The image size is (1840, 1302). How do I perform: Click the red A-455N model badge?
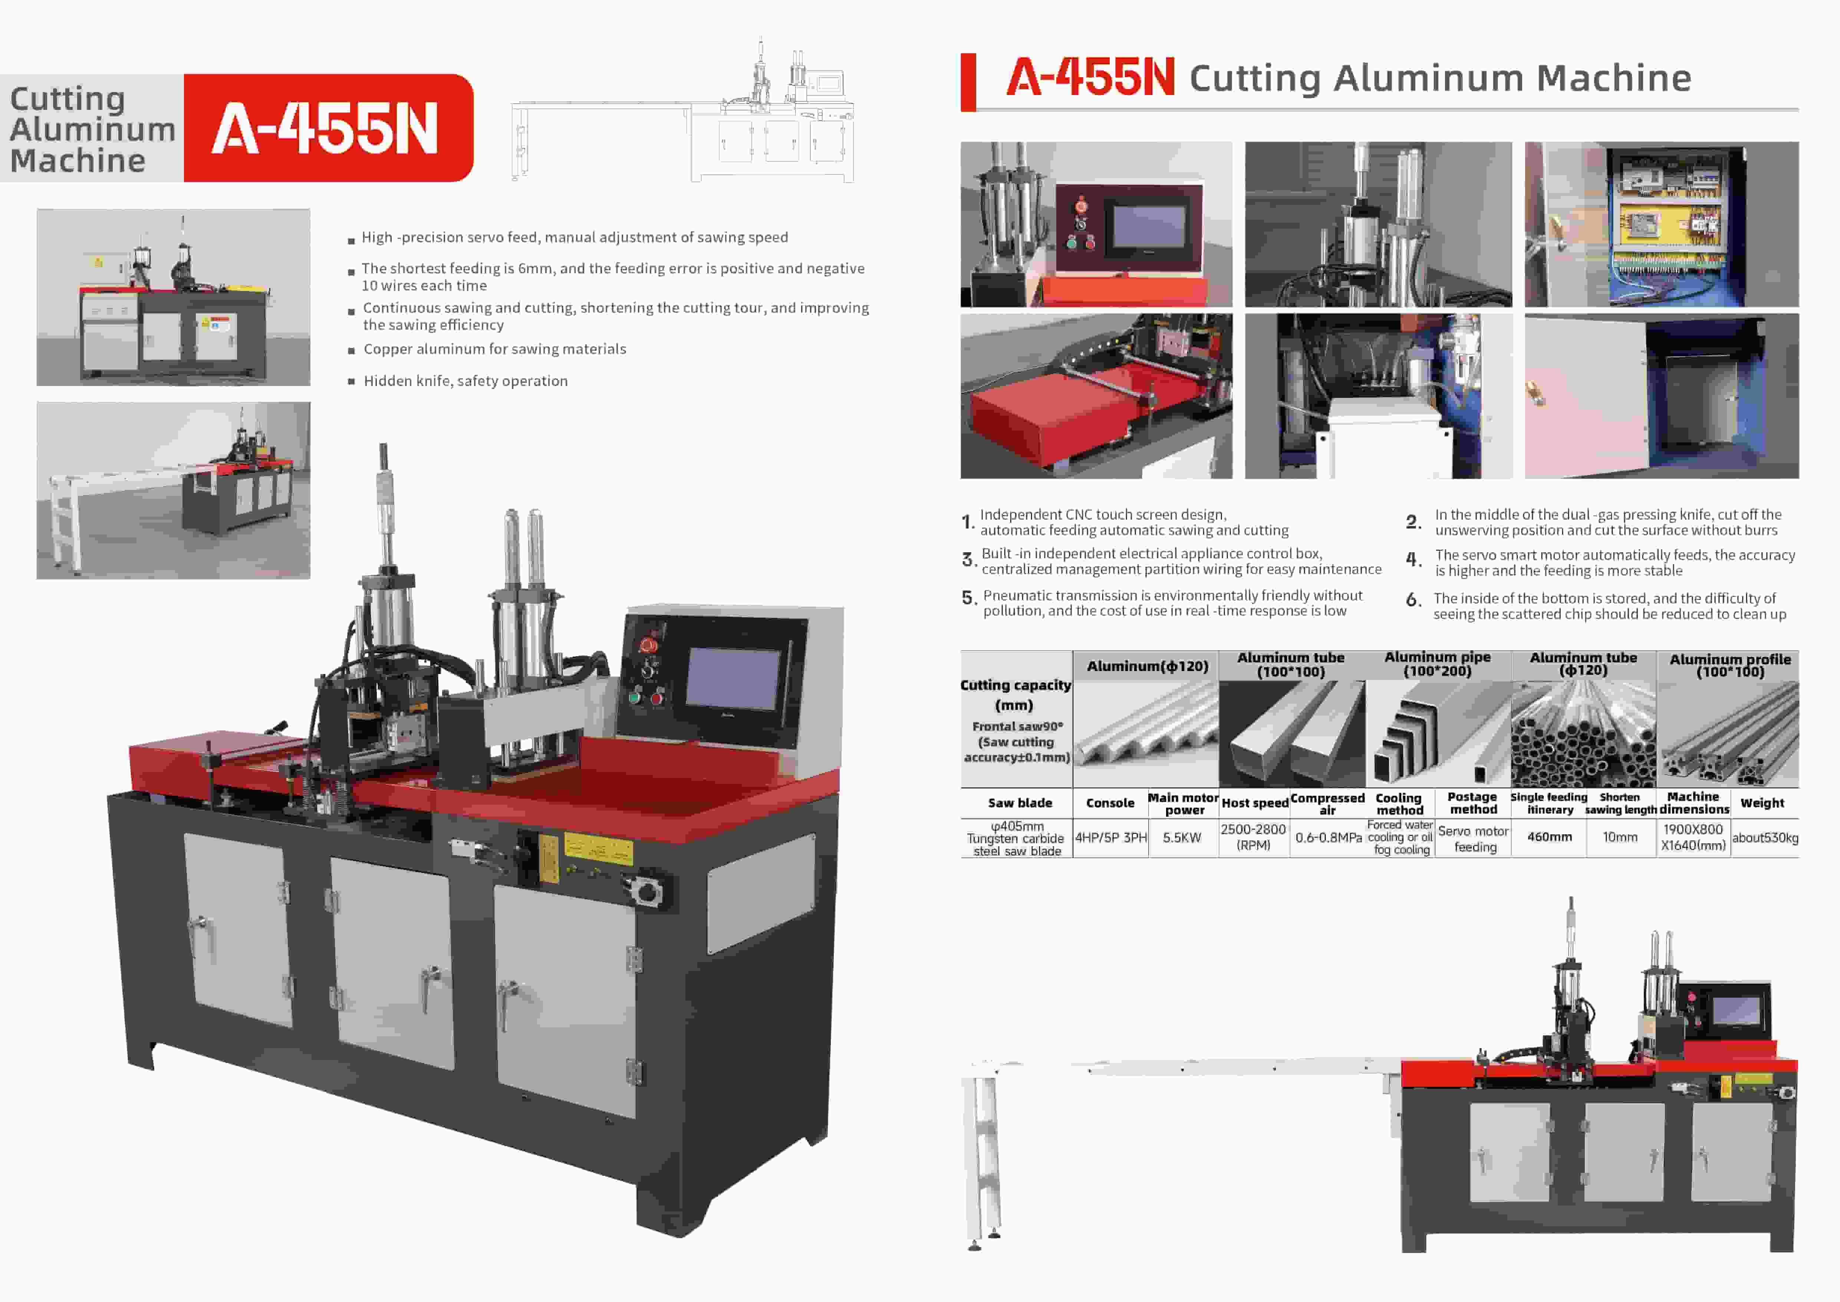[329, 128]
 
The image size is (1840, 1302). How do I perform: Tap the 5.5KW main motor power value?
[1182, 838]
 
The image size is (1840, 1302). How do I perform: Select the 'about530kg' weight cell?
[1765, 838]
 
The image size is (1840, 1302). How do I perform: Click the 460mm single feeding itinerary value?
[1549, 837]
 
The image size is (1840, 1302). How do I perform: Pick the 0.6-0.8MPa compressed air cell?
[1328, 838]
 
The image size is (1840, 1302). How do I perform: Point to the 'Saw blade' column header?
[1019, 802]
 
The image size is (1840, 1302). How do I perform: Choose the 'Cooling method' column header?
[1399, 803]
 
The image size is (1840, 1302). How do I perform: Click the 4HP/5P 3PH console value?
[1111, 838]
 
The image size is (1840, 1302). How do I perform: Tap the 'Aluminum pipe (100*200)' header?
[1438, 664]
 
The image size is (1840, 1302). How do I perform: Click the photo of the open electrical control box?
[1661, 225]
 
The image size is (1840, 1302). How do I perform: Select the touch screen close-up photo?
[1096, 225]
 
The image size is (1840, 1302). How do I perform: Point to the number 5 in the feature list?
[969, 598]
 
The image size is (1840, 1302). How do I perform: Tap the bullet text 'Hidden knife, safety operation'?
[465, 381]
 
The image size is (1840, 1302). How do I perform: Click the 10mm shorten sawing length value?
[1620, 837]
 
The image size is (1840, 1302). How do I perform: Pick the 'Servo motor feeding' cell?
[1473, 838]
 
